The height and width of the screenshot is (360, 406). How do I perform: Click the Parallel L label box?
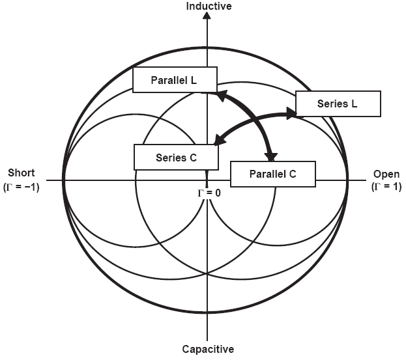(173, 79)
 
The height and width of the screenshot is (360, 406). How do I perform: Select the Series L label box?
(338, 104)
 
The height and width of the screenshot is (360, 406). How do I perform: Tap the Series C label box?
(176, 157)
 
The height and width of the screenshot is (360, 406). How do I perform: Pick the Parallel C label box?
(273, 174)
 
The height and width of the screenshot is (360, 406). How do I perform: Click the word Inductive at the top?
(209, 7)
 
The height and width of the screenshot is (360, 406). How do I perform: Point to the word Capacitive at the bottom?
(207, 349)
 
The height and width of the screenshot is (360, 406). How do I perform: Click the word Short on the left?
(22, 173)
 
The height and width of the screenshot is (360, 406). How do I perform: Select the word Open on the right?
(386, 174)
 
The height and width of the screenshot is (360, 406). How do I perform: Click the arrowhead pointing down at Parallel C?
(271, 156)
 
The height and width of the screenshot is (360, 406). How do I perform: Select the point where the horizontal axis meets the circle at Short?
(64, 180)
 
